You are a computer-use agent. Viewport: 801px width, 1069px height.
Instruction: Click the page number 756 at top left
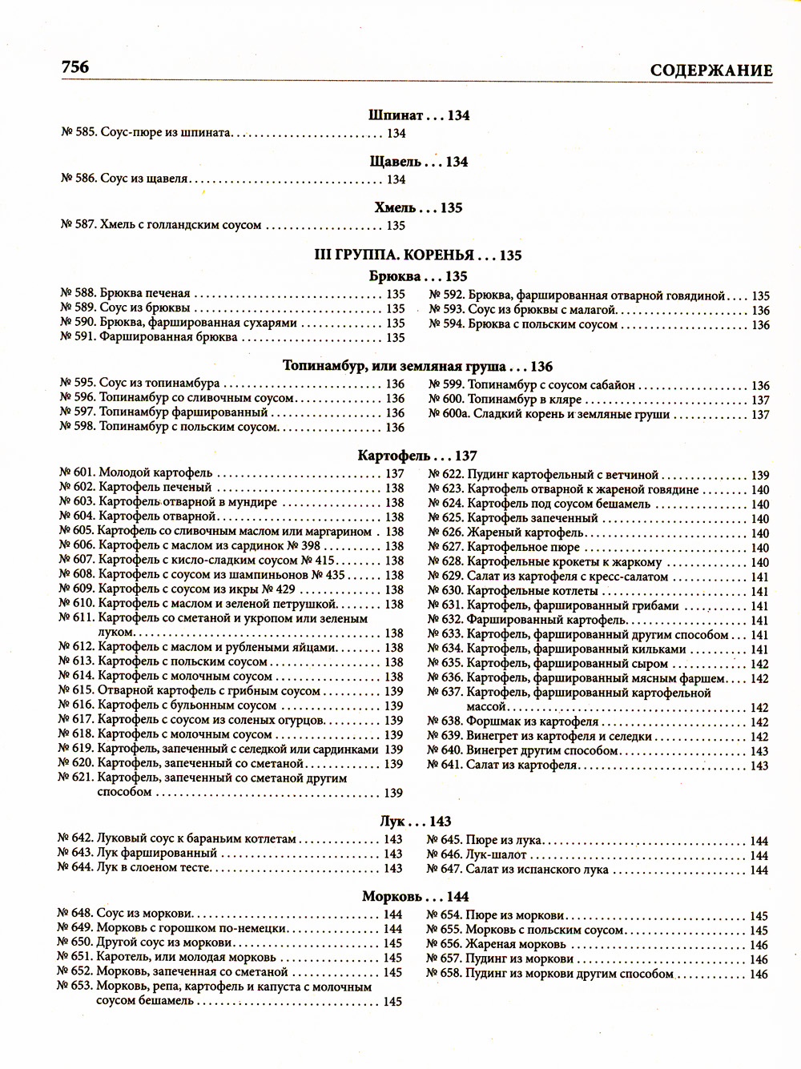[x=74, y=67]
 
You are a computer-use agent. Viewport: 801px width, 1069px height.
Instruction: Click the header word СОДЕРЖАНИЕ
[x=711, y=70]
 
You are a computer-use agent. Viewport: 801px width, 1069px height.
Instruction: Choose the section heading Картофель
[x=394, y=456]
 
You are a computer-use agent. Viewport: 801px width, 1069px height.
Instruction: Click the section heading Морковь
[x=392, y=897]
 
